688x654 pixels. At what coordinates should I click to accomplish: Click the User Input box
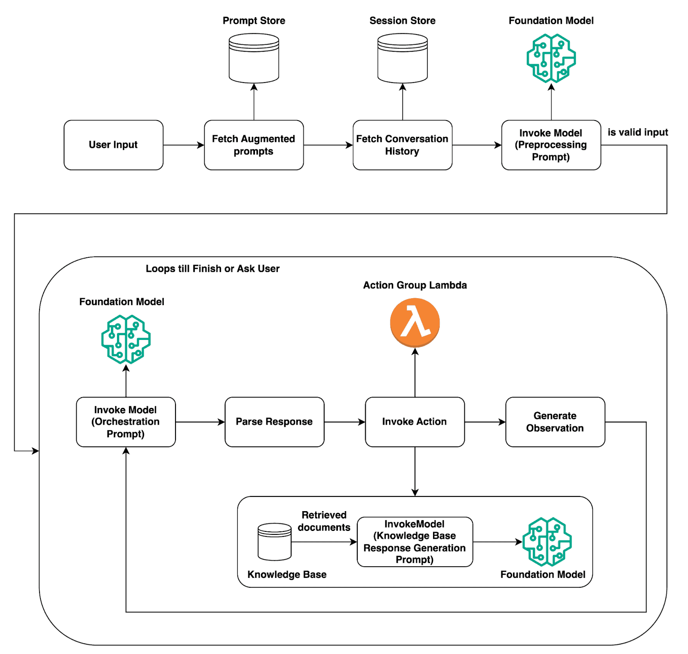[113, 145]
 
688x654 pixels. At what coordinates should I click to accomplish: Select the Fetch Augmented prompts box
[254, 145]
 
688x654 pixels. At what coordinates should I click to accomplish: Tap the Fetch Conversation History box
[402, 145]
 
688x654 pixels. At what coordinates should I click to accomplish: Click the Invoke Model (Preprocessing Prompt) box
[551, 145]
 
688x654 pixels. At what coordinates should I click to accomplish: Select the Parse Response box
[274, 422]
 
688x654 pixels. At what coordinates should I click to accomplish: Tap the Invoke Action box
[415, 422]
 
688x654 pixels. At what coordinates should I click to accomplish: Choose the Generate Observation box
[555, 422]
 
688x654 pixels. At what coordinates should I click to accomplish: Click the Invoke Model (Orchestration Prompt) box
[126, 422]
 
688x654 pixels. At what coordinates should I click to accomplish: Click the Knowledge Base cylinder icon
[274, 542]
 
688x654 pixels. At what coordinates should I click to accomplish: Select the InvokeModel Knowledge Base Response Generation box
[415, 542]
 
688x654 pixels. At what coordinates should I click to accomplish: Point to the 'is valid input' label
[637, 132]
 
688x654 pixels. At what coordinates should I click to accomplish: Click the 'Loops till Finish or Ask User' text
[212, 268]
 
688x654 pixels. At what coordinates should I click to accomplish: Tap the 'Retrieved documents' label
[324, 521]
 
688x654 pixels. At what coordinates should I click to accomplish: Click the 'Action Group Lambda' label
[415, 285]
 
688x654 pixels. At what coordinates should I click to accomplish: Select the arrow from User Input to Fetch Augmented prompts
[184, 145]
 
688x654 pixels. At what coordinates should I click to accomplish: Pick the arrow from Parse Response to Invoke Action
[344, 422]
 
